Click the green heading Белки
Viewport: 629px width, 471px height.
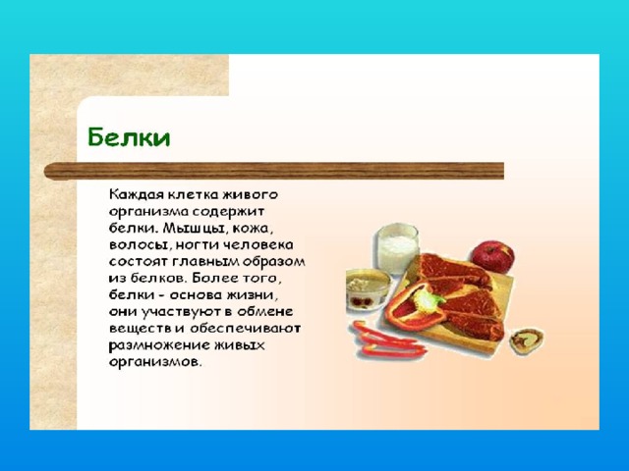[x=129, y=137]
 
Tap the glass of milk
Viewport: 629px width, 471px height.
[x=396, y=248]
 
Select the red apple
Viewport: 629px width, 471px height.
[x=492, y=256]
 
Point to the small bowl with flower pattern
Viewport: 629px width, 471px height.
[x=368, y=289]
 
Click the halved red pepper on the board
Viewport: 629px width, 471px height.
[x=415, y=306]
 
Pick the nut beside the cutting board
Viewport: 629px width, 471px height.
[x=527, y=340]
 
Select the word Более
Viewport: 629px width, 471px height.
[x=214, y=278]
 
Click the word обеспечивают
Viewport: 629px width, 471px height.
[x=245, y=329]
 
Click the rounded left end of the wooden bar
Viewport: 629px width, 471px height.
[x=46, y=172]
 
